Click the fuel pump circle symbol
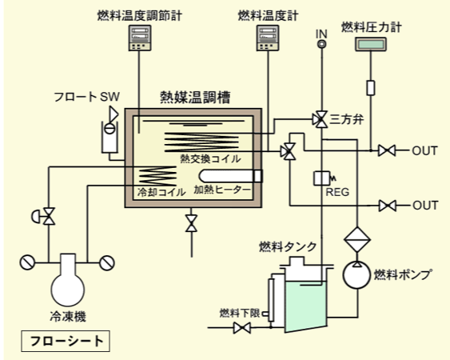pos(356,275)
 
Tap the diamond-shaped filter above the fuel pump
pos(357,239)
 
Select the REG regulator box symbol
pos(322,178)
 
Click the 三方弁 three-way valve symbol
pos(320,119)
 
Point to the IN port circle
pos(321,44)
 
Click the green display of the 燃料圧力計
pos(371,44)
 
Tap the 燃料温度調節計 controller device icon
pos(140,38)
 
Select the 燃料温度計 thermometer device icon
pos(268,38)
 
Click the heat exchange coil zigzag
pos(201,142)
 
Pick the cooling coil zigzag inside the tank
pos(157,176)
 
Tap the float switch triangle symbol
pos(113,114)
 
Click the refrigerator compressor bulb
pos(68,289)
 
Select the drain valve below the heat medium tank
pos(191,223)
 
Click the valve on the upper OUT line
pos(387,150)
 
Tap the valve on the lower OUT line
pos(388,206)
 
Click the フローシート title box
pos(66,341)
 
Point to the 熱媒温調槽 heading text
pos(195,98)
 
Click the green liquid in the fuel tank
pos(306,306)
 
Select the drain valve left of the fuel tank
pos(241,328)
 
